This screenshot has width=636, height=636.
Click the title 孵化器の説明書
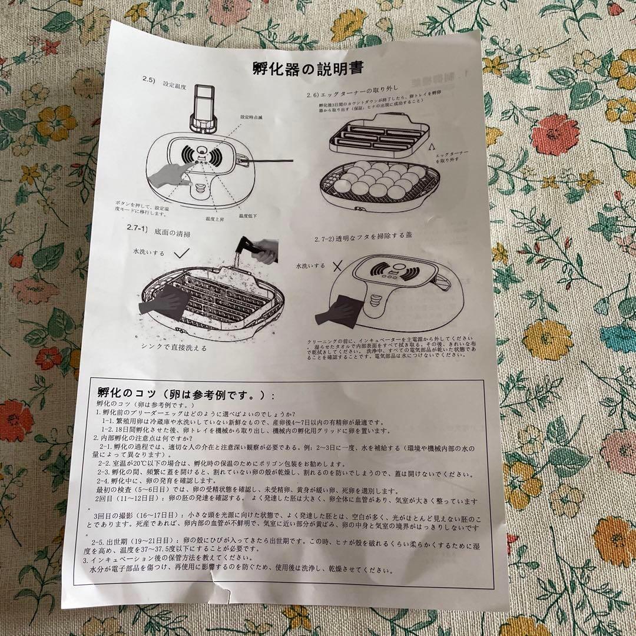click(307, 68)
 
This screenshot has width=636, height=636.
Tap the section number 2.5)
click(149, 79)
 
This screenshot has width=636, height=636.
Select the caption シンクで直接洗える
click(174, 347)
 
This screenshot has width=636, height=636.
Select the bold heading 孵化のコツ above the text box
click(185, 393)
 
